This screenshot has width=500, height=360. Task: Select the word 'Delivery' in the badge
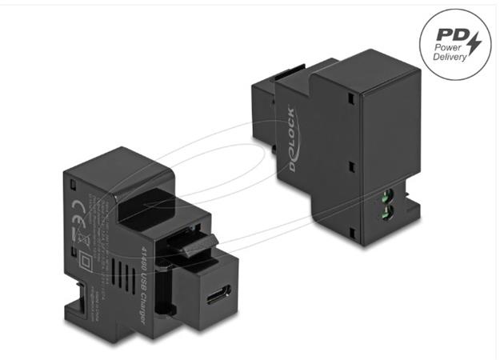tap(450, 61)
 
